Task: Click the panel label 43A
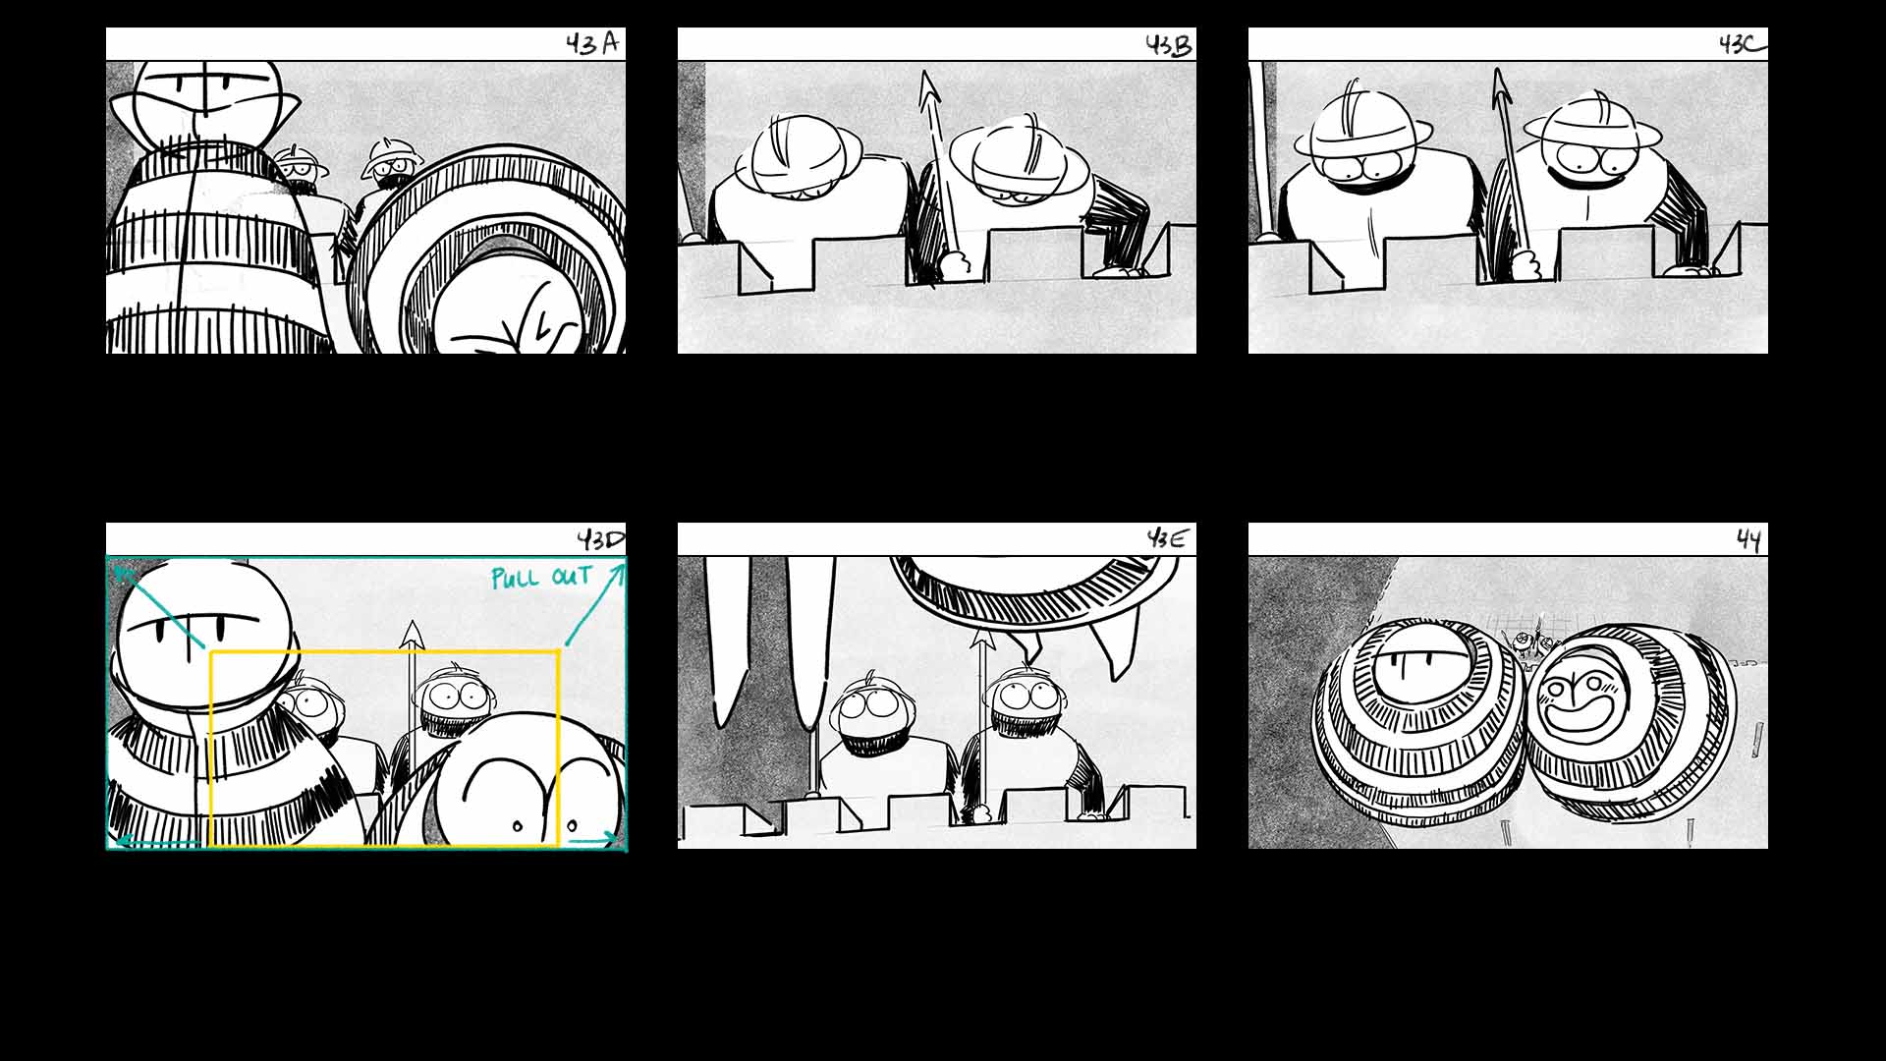click(593, 44)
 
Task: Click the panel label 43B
click(1168, 45)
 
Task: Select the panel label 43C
click(1741, 44)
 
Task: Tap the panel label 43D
click(600, 539)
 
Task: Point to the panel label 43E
click(1167, 538)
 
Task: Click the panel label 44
click(1748, 539)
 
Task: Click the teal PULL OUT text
click(541, 577)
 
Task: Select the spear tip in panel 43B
click(927, 91)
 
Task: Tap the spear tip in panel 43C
click(1500, 87)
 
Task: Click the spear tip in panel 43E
click(980, 642)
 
